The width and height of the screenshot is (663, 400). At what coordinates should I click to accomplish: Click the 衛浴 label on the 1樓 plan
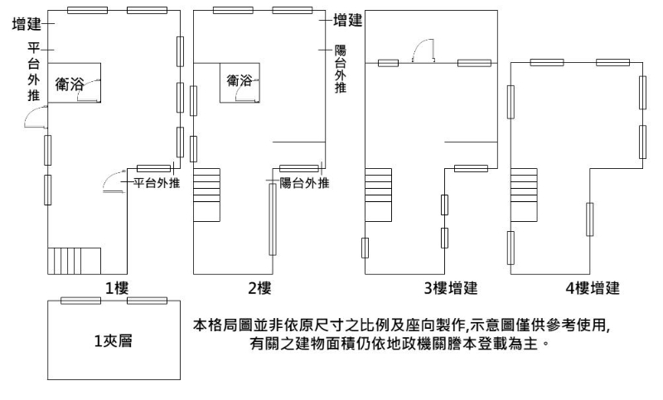pyautogui.click(x=70, y=84)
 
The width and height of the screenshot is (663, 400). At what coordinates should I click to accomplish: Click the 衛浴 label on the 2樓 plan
pyautogui.click(x=240, y=80)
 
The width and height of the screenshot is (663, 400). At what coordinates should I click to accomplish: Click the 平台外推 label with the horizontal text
pyautogui.click(x=157, y=183)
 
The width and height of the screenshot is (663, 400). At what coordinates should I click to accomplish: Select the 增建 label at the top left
pyautogui.click(x=27, y=26)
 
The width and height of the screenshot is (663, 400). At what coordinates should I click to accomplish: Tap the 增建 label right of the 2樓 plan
pyautogui.click(x=346, y=19)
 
